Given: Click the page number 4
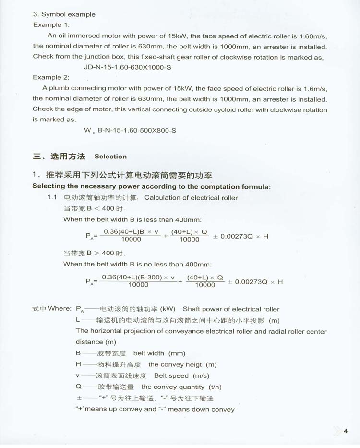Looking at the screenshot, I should pyautogui.click(x=345, y=430).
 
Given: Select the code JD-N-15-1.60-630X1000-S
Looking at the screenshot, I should pyautogui.click(x=127, y=67).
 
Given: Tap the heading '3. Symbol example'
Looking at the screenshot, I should pyautogui.click(x=64, y=14).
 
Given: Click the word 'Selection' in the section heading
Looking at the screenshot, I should pyautogui.click(x=111, y=157).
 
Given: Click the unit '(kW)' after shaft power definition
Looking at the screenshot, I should pyautogui.click(x=168, y=309).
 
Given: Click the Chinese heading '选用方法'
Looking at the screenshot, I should pyautogui.click(x=68, y=156).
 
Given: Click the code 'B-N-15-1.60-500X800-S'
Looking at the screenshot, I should pyautogui.click(x=137, y=130).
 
